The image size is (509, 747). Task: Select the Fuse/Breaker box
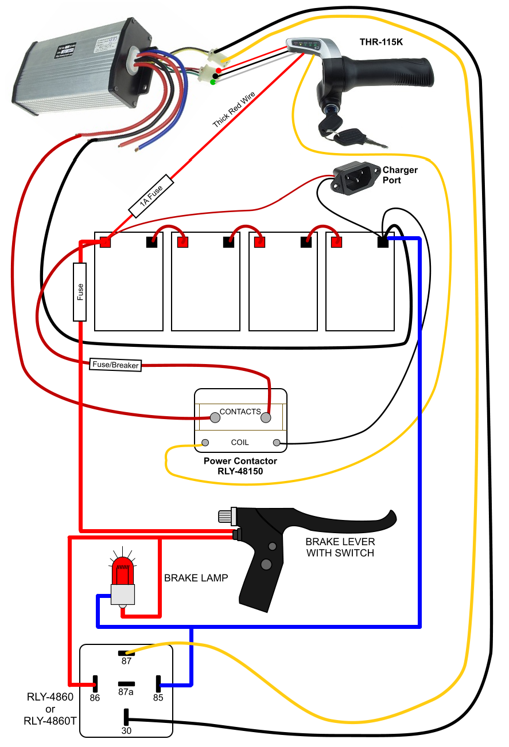[x=115, y=365]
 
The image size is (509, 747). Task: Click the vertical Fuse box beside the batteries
[x=80, y=292]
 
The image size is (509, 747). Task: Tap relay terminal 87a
[x=126, y=684]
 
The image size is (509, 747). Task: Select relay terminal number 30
[x=126, y=717]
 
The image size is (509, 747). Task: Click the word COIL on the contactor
[x=240, y=442]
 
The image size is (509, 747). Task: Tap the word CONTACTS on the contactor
[x=240, y=412]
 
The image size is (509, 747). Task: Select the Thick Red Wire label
[x=233, y=108]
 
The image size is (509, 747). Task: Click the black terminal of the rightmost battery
[x=382, y=242]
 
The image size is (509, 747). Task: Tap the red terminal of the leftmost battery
[x=106, y=242]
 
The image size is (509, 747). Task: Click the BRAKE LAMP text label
[x=196, y=578]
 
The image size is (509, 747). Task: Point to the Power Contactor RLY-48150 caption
[x=240, y=466]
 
